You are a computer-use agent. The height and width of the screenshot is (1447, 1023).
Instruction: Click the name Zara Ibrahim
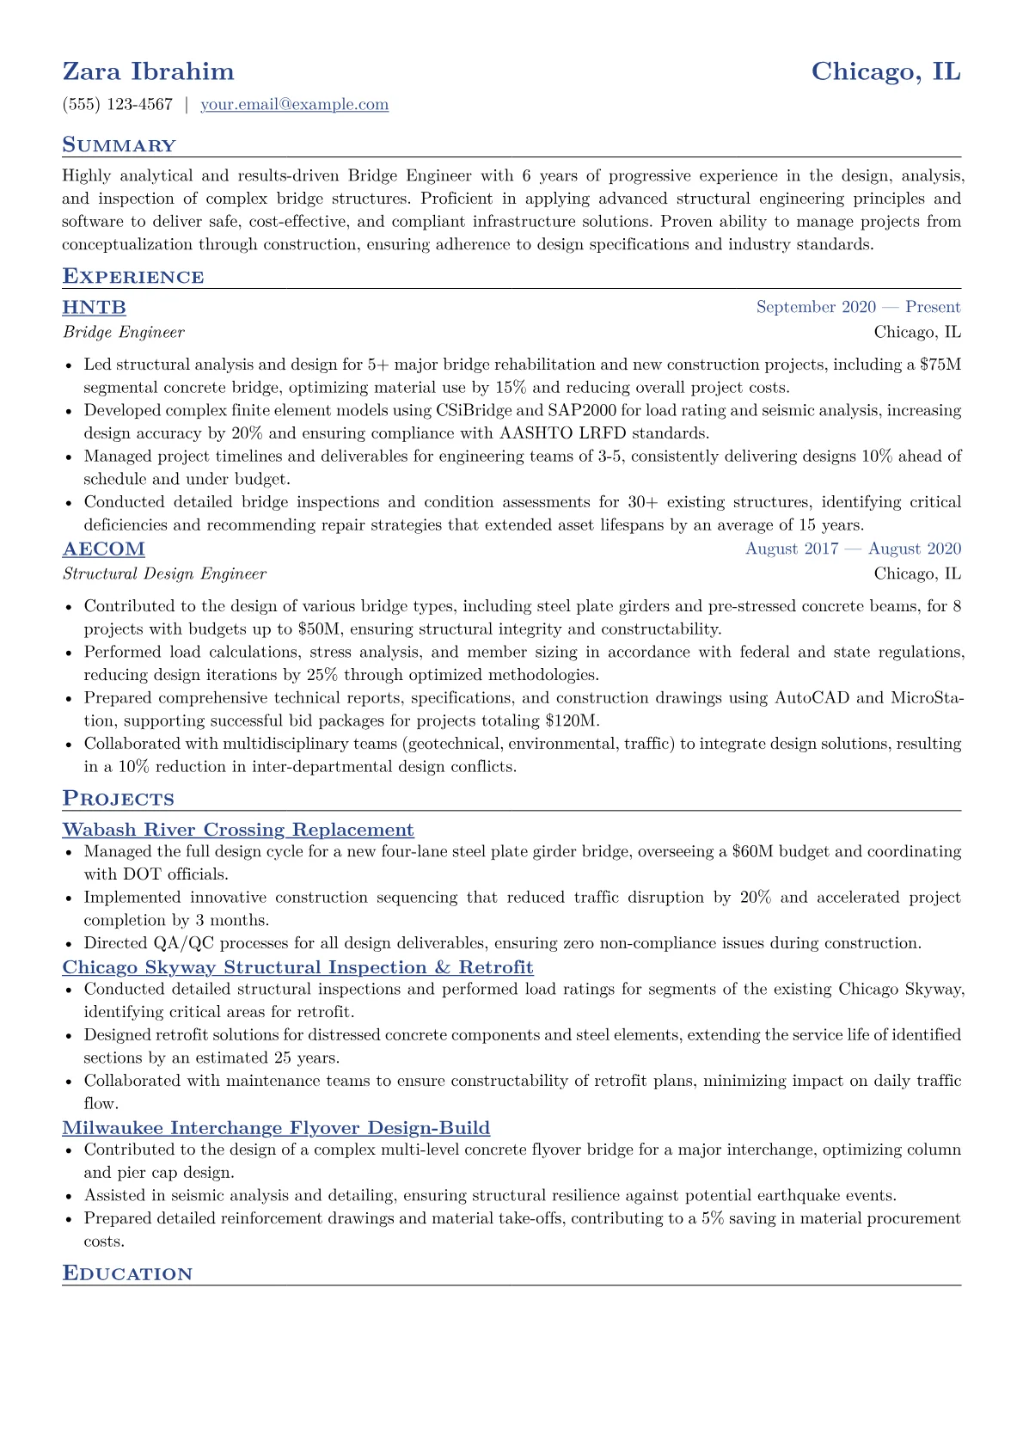click(148, 71)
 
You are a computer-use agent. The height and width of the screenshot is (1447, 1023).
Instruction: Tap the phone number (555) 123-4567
click(118, 105)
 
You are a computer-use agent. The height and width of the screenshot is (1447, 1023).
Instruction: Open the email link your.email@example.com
click(294, 105)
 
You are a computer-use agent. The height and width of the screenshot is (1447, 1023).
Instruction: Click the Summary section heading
click(119, 145)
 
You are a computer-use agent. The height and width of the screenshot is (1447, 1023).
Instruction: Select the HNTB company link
click(95, 308)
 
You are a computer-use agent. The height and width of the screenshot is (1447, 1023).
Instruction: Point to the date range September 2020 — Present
click(858, 308)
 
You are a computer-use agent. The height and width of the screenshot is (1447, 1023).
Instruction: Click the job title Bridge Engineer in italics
click(124, 332)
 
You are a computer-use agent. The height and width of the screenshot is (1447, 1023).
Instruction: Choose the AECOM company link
click(104, 549)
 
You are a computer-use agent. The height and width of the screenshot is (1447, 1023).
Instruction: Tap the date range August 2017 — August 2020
click(853, 549)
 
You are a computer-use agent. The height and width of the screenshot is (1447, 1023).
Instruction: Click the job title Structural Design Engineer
click(165, 573)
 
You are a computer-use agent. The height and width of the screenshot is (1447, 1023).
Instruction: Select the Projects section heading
click(119, 799)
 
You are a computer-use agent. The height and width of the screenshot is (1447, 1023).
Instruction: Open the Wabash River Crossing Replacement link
click(238, 830)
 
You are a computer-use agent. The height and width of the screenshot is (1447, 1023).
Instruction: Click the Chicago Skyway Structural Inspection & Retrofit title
click(297, 968)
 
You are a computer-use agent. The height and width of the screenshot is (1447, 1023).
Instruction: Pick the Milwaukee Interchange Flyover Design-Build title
click(276, 1128)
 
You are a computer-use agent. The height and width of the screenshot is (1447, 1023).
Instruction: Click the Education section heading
click(127, 1273)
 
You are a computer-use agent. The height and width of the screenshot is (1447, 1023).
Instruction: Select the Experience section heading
click(133, 277)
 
